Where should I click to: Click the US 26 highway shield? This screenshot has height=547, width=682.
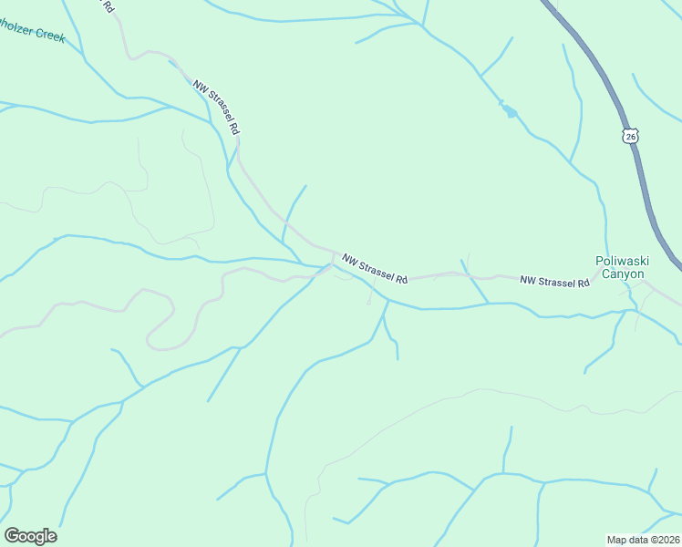(631, 135)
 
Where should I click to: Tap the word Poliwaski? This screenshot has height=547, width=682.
(620, 261)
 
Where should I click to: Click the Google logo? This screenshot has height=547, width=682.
(30, 536)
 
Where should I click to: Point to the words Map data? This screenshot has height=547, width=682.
(627, 539)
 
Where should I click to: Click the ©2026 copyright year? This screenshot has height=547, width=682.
(663, 539)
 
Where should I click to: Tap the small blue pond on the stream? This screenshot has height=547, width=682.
(509, 112)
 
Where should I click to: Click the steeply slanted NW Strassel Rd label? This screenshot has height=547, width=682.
(216, 108)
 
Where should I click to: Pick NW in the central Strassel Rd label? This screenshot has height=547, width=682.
(349, 260)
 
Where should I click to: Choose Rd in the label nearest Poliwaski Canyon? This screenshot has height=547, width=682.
(583, 284)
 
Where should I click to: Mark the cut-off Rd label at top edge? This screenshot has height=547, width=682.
(108, 5)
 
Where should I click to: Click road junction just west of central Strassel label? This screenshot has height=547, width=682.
(328, 266)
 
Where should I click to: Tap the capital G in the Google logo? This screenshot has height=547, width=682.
(13, 536)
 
